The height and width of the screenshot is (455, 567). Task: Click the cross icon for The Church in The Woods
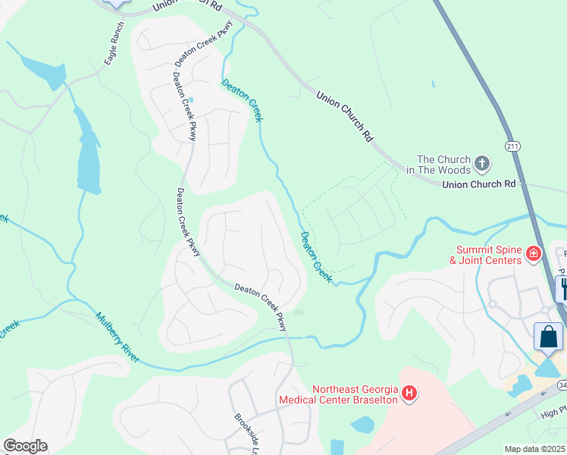coord(482,163)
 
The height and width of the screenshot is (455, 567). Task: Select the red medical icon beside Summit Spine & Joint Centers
coord(534,253)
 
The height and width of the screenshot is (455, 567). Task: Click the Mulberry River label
coord(117,337)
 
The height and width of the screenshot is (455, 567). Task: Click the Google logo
coord(26,445)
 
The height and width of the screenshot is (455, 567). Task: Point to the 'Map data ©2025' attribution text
coord(534,449)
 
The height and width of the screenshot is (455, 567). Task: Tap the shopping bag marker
coord(549,336)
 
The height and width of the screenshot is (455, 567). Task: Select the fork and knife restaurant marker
coord(562,287)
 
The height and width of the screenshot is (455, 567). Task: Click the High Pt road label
coord(553,413)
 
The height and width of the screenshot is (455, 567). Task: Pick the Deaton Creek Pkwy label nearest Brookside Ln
coord(261,306)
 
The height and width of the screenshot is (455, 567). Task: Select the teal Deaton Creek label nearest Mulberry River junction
coord(316,258)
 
